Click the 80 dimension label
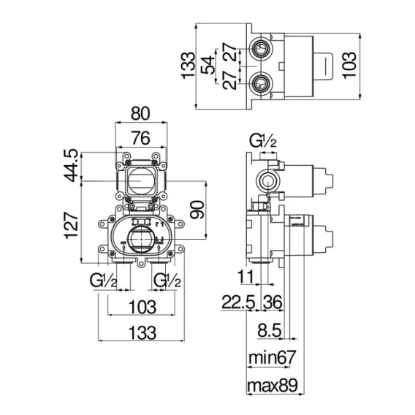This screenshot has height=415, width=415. pos(140,113)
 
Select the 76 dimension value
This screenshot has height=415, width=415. pos(141,138)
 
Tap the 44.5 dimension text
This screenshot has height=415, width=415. pos(72,165)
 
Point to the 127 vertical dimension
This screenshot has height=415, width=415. pos(72,225)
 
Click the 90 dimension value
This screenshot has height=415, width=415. pos(197,210)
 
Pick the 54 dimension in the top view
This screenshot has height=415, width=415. pos(207,65)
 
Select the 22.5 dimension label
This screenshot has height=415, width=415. pos(238,302)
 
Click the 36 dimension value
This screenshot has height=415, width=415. pos(273,302)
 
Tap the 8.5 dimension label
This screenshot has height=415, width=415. pos(270,330)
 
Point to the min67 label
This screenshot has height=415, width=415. pos(272,357)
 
